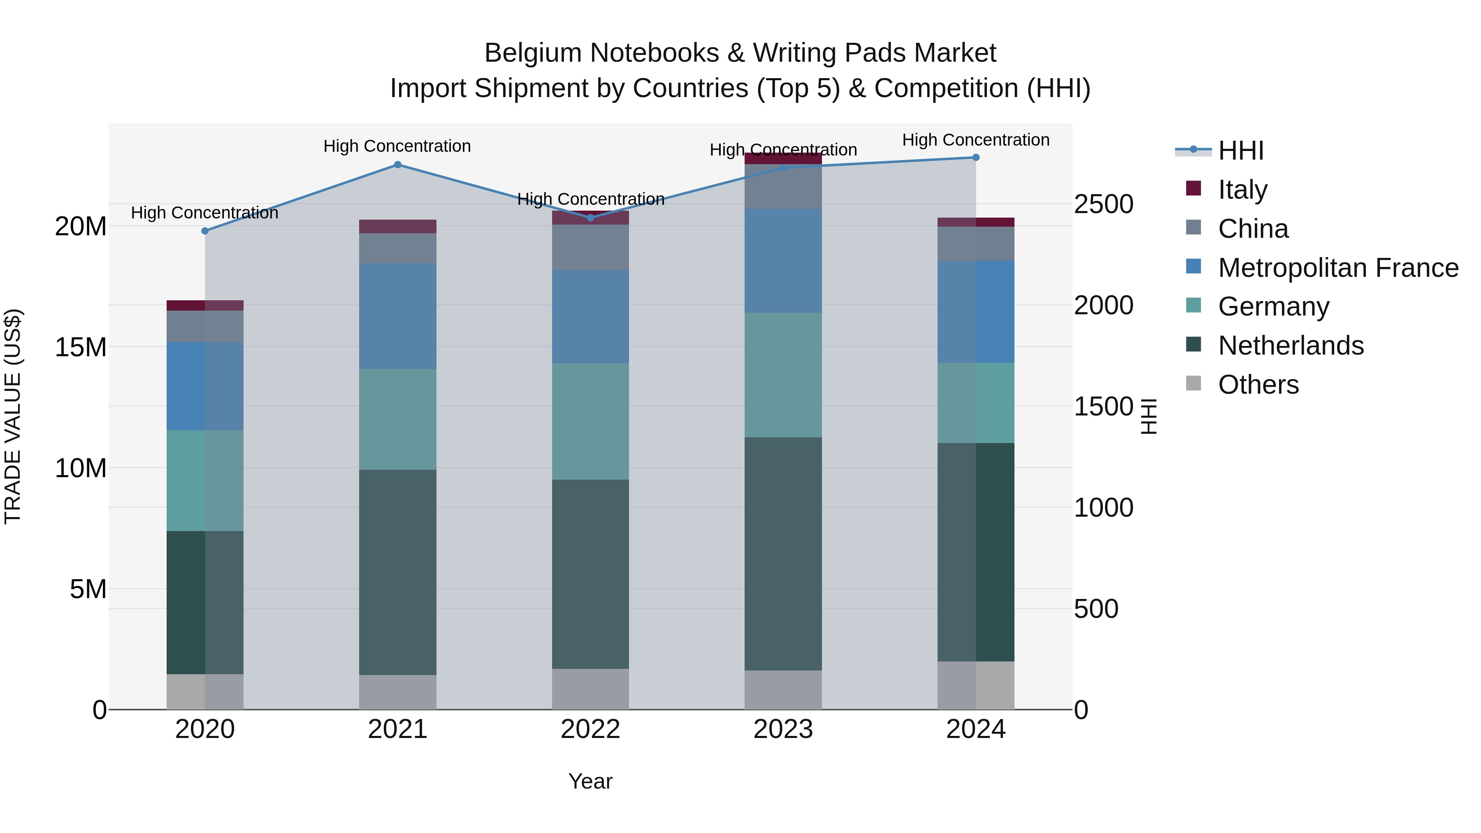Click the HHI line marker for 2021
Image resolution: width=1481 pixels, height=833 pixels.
pyautogui.click(x=397, y=165)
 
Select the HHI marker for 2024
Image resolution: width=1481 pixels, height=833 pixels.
pyautogui.click(x=976, y=158)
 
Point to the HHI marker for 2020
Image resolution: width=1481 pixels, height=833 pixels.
pyautogui.click(x=205, y=231)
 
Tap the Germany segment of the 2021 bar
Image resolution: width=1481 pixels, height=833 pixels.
pyautogui.click(x=397, y=419)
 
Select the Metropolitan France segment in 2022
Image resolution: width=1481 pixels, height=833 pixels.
pyautogui.click(x=590, y=316)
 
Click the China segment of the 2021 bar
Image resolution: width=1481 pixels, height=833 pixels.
pyautogui.click(x=397, y=248)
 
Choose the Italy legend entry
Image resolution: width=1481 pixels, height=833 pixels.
pyautogui.click(x=1242, y=190)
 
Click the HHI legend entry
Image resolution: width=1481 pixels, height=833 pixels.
pyautogui.click(x=1241, y=151)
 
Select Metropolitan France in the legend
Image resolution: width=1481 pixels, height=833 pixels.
pyautogui.click(x=1338, y=268)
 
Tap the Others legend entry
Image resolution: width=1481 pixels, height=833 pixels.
pyautogui.click(x=1258, y=385)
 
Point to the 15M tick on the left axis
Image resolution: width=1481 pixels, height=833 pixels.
pyautogui.click(x=81, y=347)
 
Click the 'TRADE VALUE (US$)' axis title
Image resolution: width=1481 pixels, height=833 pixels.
pyautogui.click(x=13, y=416)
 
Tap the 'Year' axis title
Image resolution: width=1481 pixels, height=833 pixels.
pyautogui.click(x=590, y=781)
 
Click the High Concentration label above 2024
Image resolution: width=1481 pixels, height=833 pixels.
pyautogui.click(x=976, y=140)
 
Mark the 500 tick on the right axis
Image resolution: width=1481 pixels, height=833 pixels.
pyautogui.click(x=1096, y=609)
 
